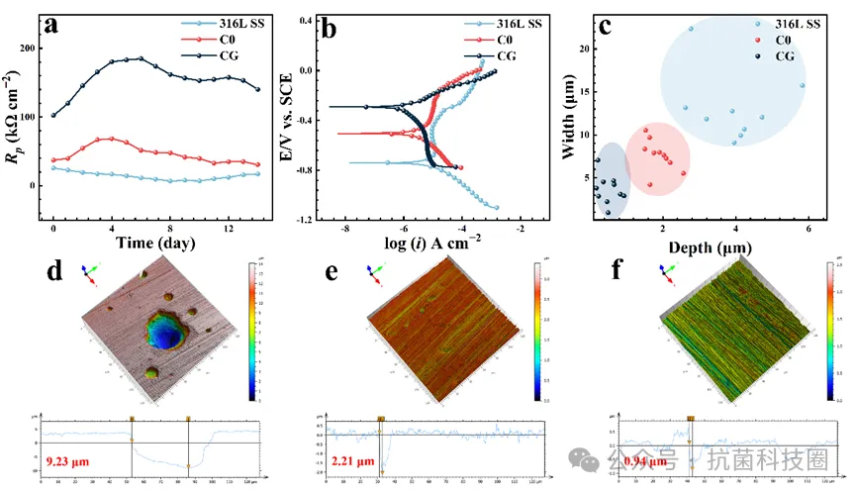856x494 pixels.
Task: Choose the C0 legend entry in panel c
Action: (x=783, y=40)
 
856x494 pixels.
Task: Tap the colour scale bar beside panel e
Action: (x=536, y=331)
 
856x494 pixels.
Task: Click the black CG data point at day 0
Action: (x=53, y=115)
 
